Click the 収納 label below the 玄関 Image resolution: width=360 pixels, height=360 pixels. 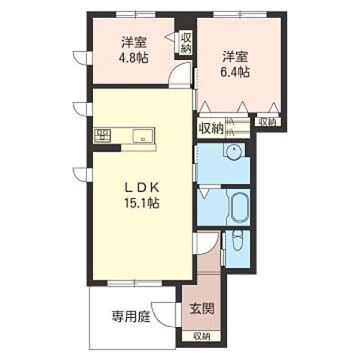click(x=201, y=335)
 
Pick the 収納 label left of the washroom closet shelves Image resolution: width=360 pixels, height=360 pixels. click(x=211, y=127)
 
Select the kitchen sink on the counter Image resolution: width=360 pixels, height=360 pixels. click(x=142, y=136)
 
